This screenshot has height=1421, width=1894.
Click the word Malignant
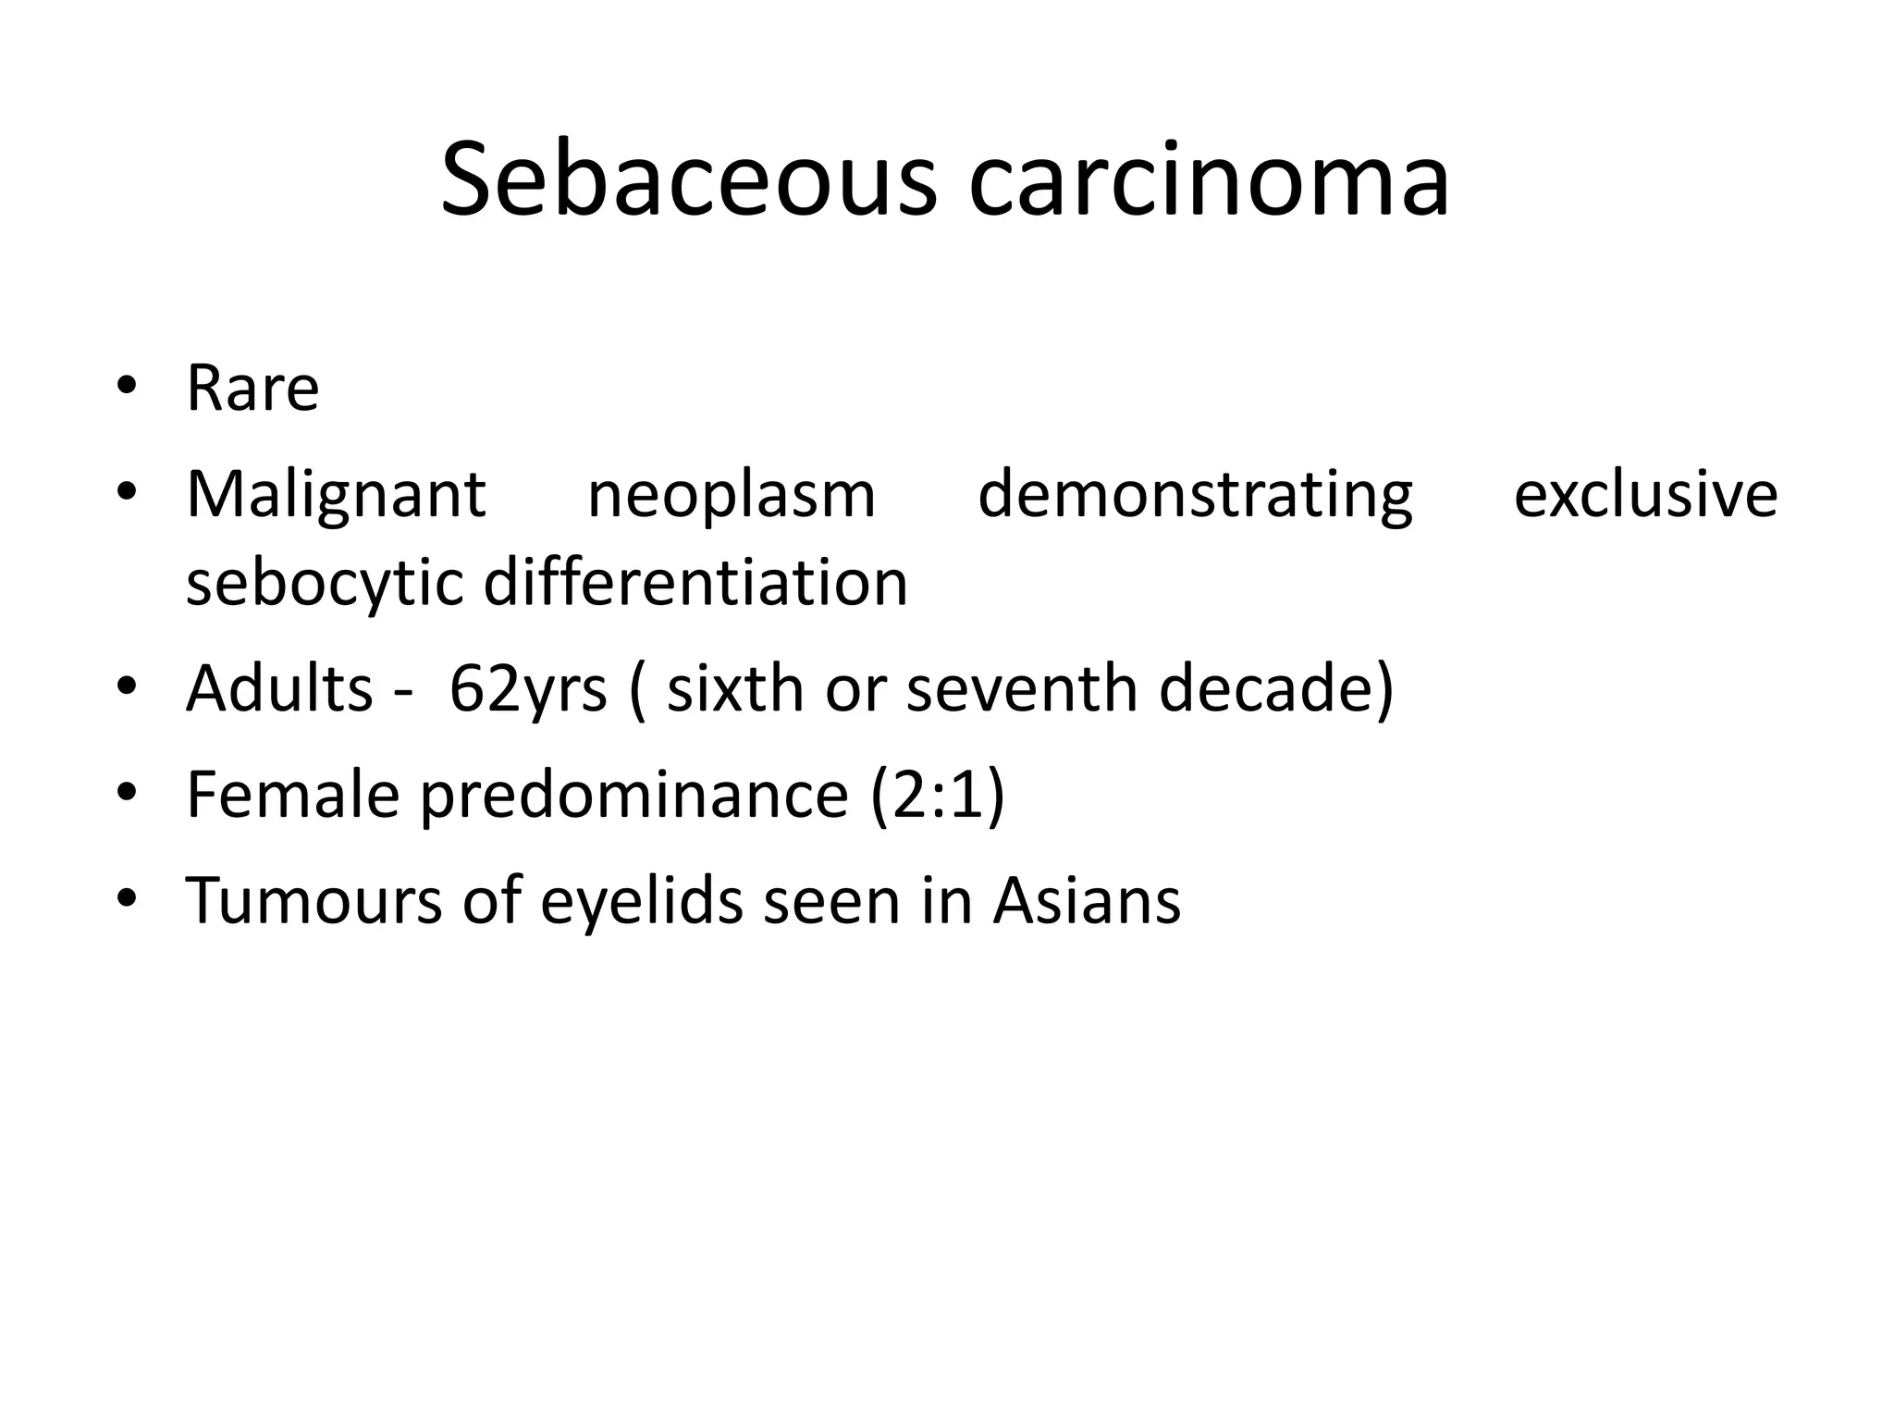tap(336, 495)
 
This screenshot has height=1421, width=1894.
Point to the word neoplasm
tap(732, 495)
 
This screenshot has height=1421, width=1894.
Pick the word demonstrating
tap(1195, 495)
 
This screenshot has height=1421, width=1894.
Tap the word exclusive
tap(1645, 495)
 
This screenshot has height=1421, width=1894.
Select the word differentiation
tap(695, 583)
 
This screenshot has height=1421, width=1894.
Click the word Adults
tap(279, 688)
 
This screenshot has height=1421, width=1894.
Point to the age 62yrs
tap(528, 688)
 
